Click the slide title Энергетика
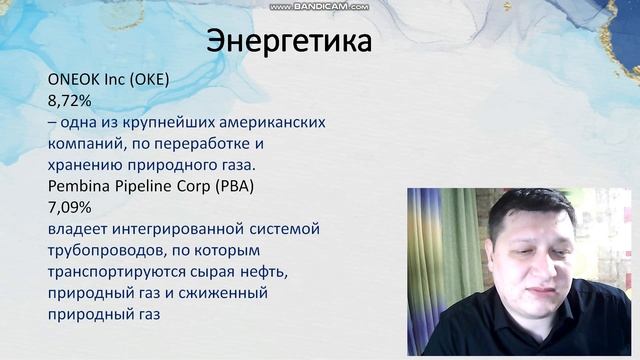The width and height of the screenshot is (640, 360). (x=289, y=42)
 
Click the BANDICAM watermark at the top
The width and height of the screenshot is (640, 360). (x=319, y=6)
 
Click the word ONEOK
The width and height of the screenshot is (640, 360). (x=71, y=81)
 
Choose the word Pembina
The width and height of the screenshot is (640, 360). (x=78, y=186)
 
